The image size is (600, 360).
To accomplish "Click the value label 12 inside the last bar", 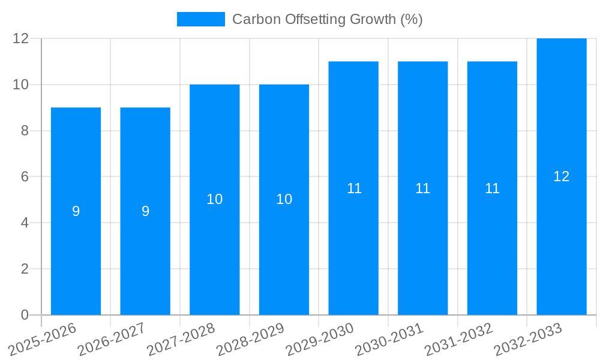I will pos(562,176).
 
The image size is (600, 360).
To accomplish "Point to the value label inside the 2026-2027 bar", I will pos(145,211).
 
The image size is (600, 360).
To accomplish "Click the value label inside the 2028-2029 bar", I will pos(284,199).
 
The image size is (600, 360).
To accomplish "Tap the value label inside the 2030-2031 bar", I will pos(423,188).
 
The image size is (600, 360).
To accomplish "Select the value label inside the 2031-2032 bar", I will pos(492,188).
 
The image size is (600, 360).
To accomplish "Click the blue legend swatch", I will pos(200,19).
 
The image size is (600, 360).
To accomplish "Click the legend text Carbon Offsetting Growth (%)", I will pos(327,19).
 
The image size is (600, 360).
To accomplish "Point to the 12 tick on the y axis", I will pos(21,38).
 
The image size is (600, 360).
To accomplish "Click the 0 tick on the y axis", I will pos(25,315).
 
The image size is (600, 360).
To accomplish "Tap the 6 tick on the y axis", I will pos(25,176).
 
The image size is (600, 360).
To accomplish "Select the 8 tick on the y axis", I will pos(25,131).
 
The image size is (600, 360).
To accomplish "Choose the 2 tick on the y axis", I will pos(25,269).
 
